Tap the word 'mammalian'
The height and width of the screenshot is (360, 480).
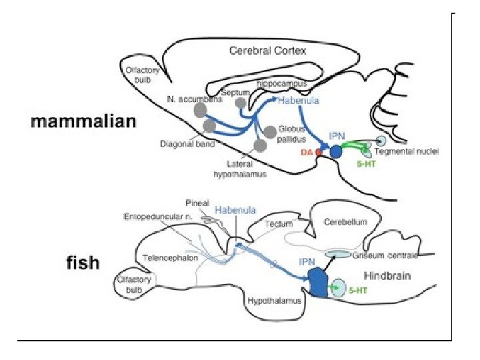(85, 122)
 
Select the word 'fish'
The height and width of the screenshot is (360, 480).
(83, 263)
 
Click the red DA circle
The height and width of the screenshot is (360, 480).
(319, 153)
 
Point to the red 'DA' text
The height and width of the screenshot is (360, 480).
(307, 153)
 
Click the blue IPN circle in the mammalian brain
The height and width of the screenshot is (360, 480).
(336, 152)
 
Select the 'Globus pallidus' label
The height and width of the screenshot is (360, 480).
(291, 134)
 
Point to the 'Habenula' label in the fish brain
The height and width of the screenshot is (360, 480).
(235, 209)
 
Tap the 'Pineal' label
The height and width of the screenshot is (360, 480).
(197, 203)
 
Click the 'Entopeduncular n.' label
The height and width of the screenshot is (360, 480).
(157, 217)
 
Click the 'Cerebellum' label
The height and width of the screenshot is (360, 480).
(345, 222)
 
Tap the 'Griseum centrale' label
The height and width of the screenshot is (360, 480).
(395, 255)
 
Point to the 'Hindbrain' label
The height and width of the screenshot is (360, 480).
(387, 275)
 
